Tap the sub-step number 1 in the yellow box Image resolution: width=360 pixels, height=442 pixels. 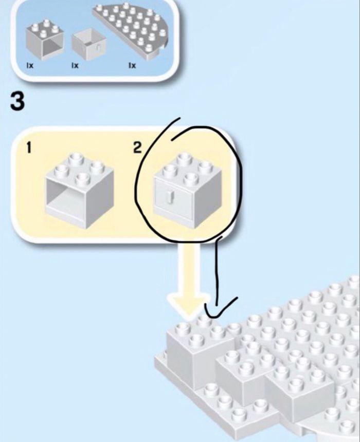click(x=29, y=148)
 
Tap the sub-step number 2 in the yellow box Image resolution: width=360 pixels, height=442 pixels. click(x=137, y=148)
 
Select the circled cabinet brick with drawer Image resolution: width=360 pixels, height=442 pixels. click(x=188, y=190)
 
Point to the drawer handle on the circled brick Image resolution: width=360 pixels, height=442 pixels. click(x=169, y=196)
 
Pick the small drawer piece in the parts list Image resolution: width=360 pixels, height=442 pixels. click(x=88, y=45)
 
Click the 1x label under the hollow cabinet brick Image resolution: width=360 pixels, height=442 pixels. click(x=30, y=65)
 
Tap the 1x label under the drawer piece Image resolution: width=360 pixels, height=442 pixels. click(x=75, y=65)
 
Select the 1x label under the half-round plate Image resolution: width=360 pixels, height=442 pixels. click(x=132, y=65)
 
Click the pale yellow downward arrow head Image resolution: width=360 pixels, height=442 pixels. click(x=191, y=303)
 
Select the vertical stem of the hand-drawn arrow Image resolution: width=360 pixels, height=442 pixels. click(x=217, y=272)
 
